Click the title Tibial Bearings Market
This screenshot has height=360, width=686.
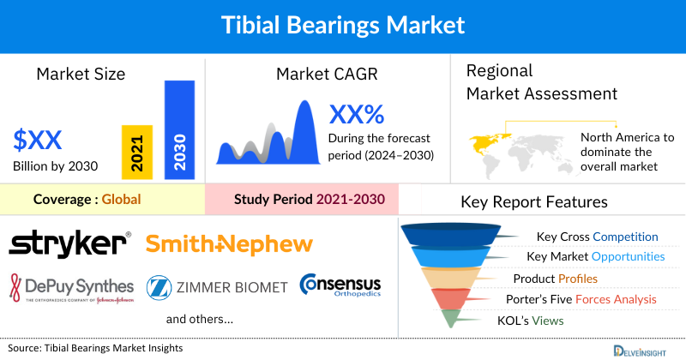(x=342, y=25)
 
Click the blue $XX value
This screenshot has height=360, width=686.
(x=39, y=139)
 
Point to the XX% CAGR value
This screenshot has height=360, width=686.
(x=356, y=114)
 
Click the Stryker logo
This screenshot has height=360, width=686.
(x=69, y=244)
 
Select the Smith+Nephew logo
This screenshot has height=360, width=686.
(x=229, y=244)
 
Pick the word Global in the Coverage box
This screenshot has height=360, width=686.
(x=121, y=200)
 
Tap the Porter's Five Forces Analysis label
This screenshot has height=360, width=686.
(x=591, y=299)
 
